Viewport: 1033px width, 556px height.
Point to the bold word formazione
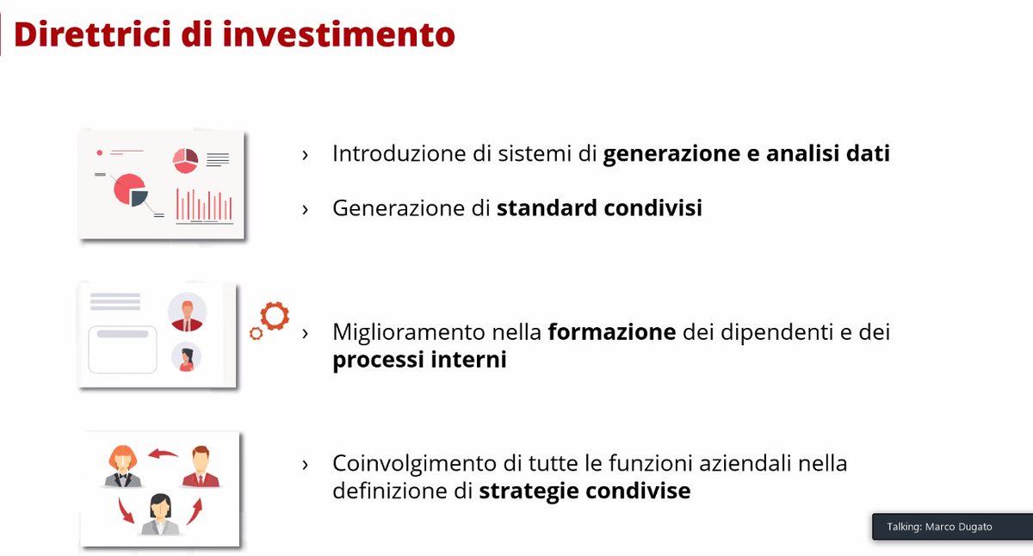click(612, 332)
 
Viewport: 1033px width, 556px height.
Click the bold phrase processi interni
click(419, 360)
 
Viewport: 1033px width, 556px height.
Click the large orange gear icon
click(275, 316)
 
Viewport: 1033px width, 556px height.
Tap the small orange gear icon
click(256, 333)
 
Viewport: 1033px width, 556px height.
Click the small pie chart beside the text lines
click(185, 158)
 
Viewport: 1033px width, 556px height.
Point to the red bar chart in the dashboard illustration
click(205, 205)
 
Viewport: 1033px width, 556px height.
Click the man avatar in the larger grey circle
click(187, 312)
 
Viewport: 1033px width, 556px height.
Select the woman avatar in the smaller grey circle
click(186, 356)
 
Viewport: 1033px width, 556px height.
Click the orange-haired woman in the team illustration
click(123, 466)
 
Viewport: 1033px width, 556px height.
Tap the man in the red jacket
click(201, 466)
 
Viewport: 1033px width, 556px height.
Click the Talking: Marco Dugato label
click(939, 527)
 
